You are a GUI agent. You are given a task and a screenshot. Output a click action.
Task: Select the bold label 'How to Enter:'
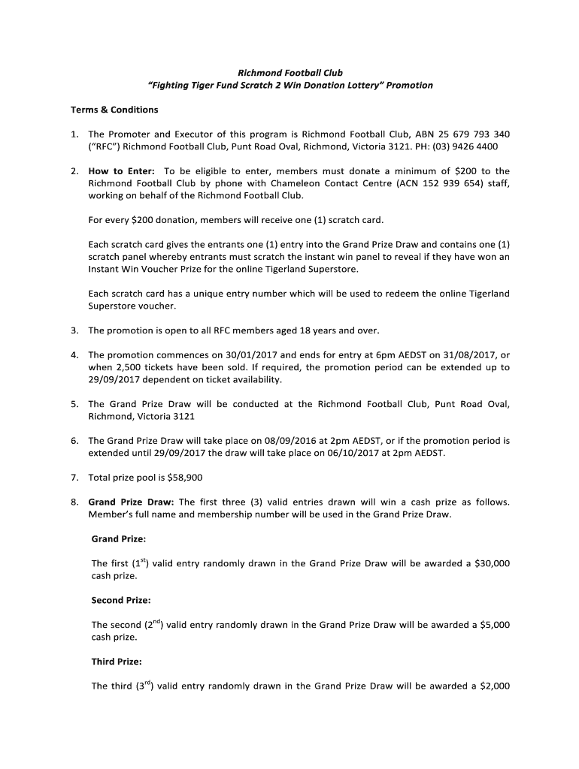(x=121, y=171)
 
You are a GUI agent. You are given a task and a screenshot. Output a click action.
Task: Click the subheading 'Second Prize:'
(x=121, y=600)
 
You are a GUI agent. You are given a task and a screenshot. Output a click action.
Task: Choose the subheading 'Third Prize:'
(x=116, y=662)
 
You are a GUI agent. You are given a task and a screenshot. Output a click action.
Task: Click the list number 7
(x=74, y=478)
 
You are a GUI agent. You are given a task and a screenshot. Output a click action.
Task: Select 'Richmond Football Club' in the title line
(x=289, y=73)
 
